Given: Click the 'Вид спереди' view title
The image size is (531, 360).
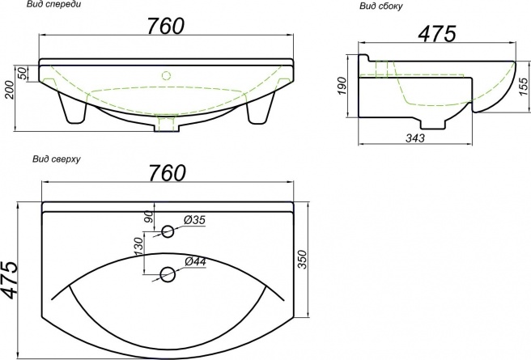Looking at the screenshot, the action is [x=54, y=5].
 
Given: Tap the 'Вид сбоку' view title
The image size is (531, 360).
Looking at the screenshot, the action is [x=381, y=6].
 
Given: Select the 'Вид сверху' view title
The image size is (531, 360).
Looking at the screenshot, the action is [x=57, y=159].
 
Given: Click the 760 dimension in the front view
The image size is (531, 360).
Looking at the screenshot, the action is [x=166, y=26].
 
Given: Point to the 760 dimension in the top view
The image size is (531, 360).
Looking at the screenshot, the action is [x=168, y=172].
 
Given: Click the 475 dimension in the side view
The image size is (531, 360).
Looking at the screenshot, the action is [x=437, y=34].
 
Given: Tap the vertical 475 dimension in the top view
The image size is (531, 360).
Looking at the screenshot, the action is [x=10, y=280].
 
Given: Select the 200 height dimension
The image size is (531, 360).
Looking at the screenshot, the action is [x=10, y=90].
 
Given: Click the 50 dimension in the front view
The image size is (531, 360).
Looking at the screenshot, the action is [x=22, y=74].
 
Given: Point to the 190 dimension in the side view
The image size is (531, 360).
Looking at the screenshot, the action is [x=342, y=86].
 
